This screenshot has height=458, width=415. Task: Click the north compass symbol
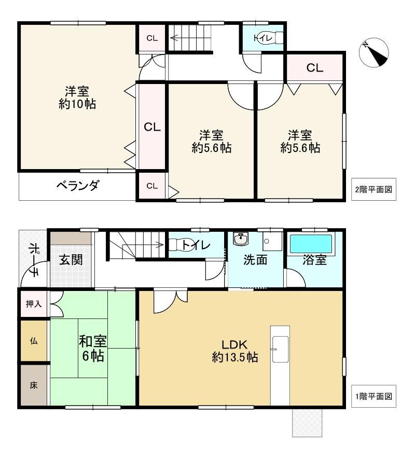(x=374, y=52)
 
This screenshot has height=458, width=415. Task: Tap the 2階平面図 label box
(x=374, y=189)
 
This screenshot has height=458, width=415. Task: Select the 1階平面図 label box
(x=374, y=396)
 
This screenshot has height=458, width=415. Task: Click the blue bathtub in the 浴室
(x=311, y=244)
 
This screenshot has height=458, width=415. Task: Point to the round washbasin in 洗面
(x=241, y=239)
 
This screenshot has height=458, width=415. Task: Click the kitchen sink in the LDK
(x=280, y=350)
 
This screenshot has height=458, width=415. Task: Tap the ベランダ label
(x=78, y=186)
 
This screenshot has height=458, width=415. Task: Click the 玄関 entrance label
(x=71, y=259)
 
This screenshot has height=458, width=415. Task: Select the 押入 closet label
(x=34, y=304)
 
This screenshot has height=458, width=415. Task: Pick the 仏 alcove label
(x=34, y=341)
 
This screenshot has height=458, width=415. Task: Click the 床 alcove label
(x=34, y=385)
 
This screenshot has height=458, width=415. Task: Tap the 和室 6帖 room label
(x=93, y=349)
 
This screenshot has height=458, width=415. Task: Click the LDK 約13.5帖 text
(x=235, y=351)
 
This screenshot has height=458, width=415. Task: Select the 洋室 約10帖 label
(x=77, y=98)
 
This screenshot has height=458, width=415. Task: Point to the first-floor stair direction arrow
(x=143, y=245)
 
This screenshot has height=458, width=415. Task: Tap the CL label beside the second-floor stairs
(x=152, y=38)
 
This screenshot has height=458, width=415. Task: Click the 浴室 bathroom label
(x=314, y=260)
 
